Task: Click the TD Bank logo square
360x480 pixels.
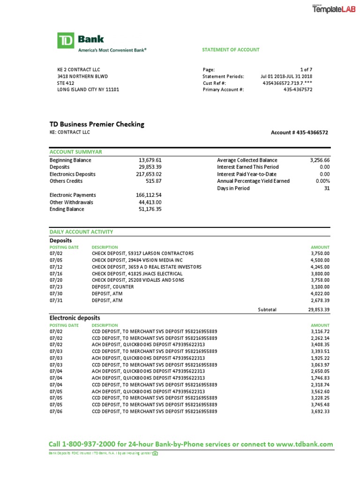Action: (65, 41)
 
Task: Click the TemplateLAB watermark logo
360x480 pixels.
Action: (334, 9)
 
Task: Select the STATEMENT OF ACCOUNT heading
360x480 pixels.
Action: (231, 50)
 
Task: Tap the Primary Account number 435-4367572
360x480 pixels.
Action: (298, 90)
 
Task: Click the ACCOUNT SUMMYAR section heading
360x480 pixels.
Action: (76, 152)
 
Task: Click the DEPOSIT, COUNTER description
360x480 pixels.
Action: (112, 286)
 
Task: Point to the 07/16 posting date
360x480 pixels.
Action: (56, 273)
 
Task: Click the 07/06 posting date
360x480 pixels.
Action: (56, 412)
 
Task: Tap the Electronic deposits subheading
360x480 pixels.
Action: (75, 318)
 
